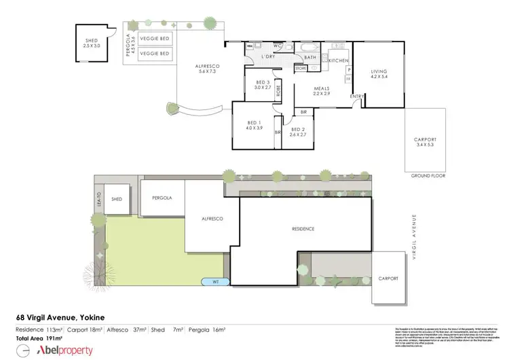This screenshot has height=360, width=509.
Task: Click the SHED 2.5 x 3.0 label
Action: point(91,43)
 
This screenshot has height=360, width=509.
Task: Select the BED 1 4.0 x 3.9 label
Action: point(252,126)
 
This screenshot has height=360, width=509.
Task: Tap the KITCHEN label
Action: point(337,61)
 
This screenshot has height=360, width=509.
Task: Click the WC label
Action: point(278,46)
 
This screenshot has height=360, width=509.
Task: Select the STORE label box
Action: point(301,69)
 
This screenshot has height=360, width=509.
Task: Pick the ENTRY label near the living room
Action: point(356,96)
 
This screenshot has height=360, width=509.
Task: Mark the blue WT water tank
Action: point(215,281)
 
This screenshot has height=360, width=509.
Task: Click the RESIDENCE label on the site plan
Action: point(303,229)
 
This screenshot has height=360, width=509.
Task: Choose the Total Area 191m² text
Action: point(39,337)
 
